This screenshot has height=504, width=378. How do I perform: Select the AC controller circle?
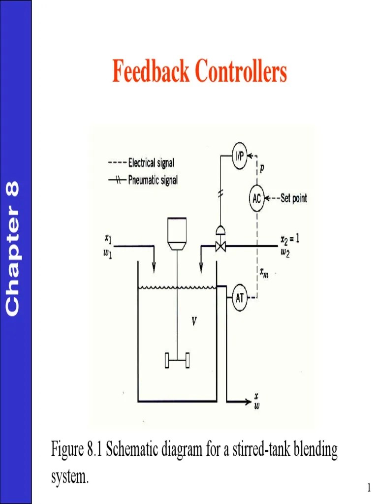(256, 199)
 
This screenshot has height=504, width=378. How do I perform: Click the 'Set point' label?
(293, 199)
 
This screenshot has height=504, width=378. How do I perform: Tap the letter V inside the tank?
(194, 322)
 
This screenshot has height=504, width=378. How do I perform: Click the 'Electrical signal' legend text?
(151, 162)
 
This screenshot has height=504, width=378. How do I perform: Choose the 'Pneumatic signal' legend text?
(153, 180)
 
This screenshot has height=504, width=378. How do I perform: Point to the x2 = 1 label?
(289, 239)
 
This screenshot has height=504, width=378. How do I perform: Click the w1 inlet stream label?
(107, 255)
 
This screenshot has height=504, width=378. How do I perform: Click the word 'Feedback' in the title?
(151, 71)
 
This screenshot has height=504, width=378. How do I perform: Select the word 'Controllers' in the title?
(241, 71)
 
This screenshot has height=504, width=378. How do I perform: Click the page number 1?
(368, 487)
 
